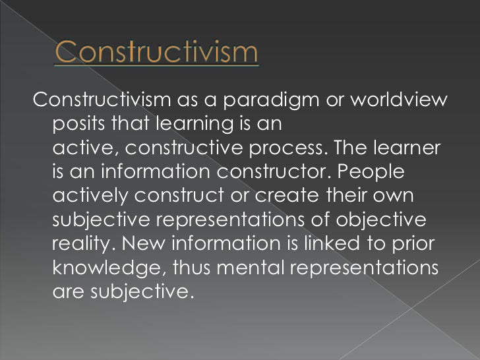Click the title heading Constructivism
tap(156, 52)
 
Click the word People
tap(379, 171)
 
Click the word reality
tap(84, 243)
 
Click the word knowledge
tap(107, 267)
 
